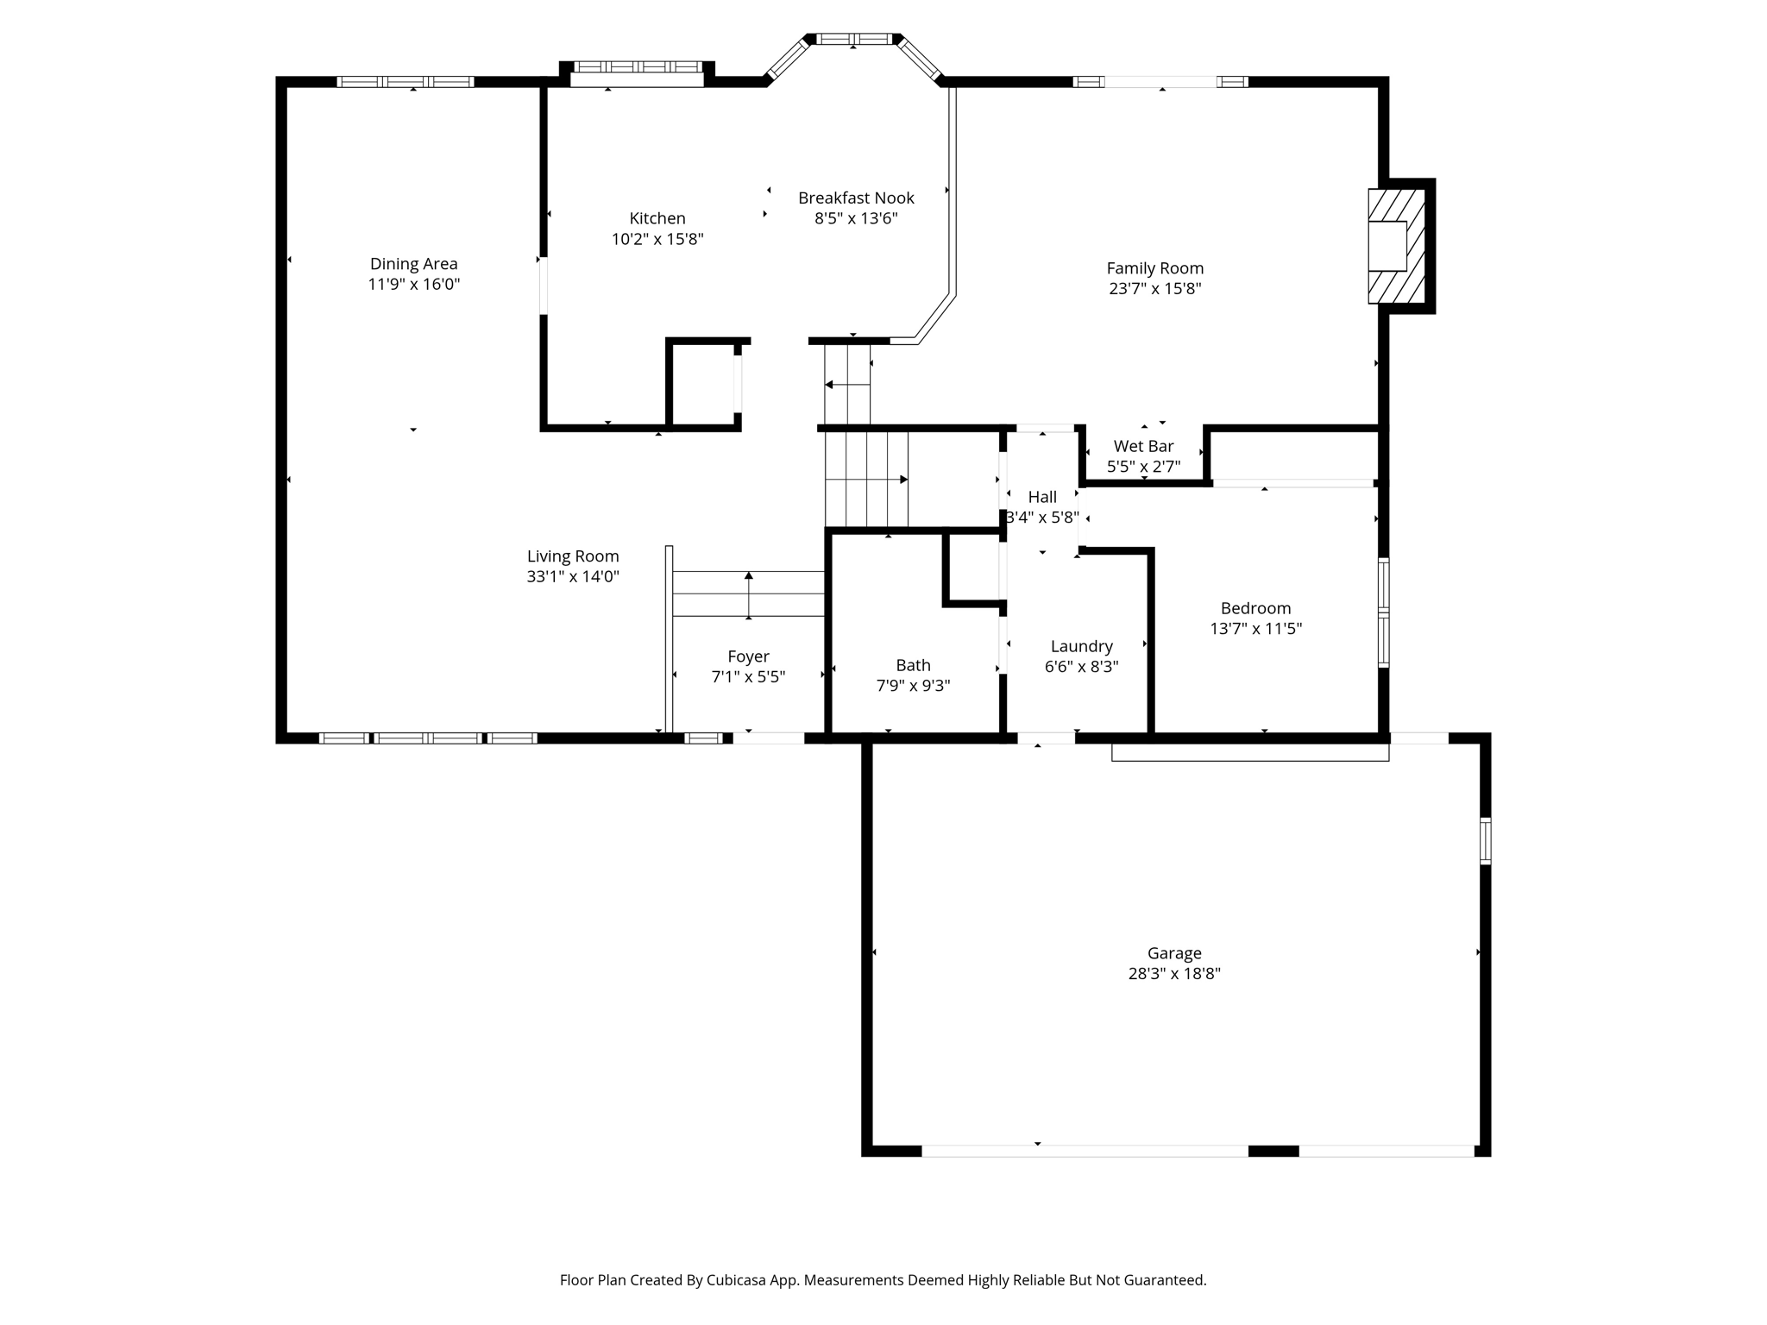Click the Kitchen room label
[657, 218]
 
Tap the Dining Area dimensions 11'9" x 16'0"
[413, 285]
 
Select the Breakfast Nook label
[856, 198]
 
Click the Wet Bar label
[1143, 446]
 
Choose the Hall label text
[1042, 497]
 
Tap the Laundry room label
[1081, 646]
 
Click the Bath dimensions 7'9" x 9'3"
[913, 686]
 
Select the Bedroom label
[1255, 608]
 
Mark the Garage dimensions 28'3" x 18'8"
[1173, 974]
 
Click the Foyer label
[748, 656]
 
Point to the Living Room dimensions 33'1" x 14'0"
[573, 577]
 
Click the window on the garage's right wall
[1485, 841]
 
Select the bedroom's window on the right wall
[1383, 612]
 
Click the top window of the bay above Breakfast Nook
[854, 39]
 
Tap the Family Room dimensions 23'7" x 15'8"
[1154, 289]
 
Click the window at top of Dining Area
[406, 82]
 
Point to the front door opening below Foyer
[768, 738]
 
